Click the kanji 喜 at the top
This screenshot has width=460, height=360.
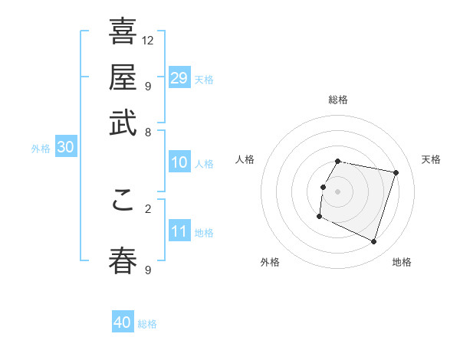pos(123,31)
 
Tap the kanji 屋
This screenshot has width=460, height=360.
pos(123,77)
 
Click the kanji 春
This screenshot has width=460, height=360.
pos(123,260)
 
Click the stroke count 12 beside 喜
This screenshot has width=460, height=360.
pos(148,40)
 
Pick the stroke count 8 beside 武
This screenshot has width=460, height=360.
pos(148,131)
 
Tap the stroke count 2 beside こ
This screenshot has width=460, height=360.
pos(148,208)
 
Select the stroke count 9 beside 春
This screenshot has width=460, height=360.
pos(148,270)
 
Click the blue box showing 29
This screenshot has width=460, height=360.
pos(179,78)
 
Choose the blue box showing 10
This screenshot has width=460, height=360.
pos(179,162)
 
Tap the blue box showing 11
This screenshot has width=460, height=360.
pos(179,231)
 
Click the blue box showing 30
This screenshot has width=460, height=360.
pos(65,148)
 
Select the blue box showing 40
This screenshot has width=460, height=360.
pos(123,322)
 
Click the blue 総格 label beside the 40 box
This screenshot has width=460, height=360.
pos(147,324)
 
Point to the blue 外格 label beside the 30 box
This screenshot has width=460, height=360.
pos(41,149)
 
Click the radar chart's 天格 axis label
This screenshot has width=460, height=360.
pos(432,159)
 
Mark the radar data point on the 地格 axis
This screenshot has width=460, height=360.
pos(374,242)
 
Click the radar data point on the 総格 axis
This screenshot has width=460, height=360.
pos(338,161)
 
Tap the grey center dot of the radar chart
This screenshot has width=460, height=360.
pos(338,191)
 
